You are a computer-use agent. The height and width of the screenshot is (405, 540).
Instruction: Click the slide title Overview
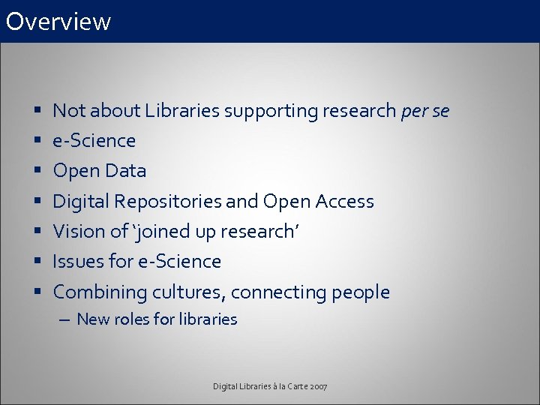58,21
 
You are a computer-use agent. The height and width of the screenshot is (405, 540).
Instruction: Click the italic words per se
425,111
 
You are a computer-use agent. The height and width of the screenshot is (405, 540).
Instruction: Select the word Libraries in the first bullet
181,111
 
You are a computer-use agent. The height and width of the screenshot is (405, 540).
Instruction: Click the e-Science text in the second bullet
94,141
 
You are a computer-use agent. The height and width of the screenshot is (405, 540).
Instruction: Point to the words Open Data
100,171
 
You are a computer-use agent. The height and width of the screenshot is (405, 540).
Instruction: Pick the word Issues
78,262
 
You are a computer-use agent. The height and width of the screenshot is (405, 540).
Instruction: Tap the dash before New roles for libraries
64,319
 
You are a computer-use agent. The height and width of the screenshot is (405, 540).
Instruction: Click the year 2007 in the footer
317,386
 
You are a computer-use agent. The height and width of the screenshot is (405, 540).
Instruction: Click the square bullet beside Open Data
37,171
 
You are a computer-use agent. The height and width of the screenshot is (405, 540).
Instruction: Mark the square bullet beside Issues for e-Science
37,262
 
